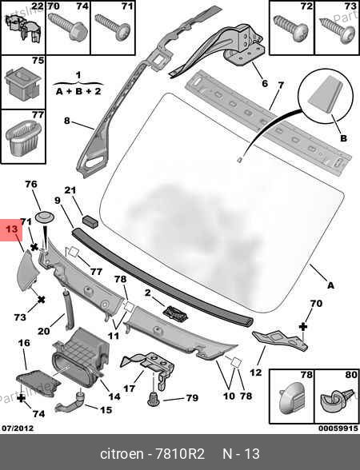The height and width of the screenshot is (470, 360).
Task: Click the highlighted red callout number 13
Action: (x=12, y=229)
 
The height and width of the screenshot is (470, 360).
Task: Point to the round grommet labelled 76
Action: (x=45, y=217)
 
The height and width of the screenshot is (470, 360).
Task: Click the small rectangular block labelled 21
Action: (x=90, y=221)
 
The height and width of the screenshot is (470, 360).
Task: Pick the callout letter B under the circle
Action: (x=343, y=138)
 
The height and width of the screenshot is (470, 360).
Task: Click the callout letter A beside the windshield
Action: (x=330, y=285)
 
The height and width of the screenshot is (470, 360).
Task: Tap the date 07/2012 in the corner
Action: (x=18, y=428)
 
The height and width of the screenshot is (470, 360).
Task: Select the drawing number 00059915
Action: (x=338, y=428)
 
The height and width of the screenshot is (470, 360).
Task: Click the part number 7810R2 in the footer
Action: (x=179, y=454)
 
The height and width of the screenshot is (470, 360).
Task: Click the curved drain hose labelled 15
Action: (x=70, y=403)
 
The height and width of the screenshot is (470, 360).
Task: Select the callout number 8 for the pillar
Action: (x=66, y=121)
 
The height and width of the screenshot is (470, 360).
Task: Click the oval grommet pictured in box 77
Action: (x=23, y=137)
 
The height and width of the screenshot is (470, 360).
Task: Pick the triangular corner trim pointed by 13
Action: (x=28, y=271)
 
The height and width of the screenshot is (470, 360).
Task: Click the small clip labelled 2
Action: (x=175, y=313)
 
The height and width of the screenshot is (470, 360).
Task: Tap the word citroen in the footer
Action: (x=122, y=454)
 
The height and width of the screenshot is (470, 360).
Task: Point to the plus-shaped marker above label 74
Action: (x=21, y=398)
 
